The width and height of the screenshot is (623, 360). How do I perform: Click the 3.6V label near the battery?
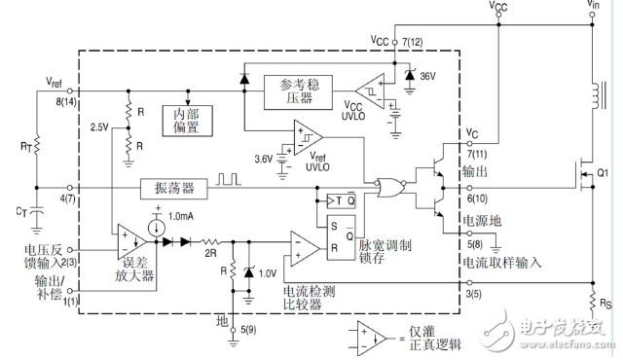[x=263, y=158]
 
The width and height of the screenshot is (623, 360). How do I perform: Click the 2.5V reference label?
[x=100, y=126]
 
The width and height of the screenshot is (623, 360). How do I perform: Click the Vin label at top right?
[x=594, y=7]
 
